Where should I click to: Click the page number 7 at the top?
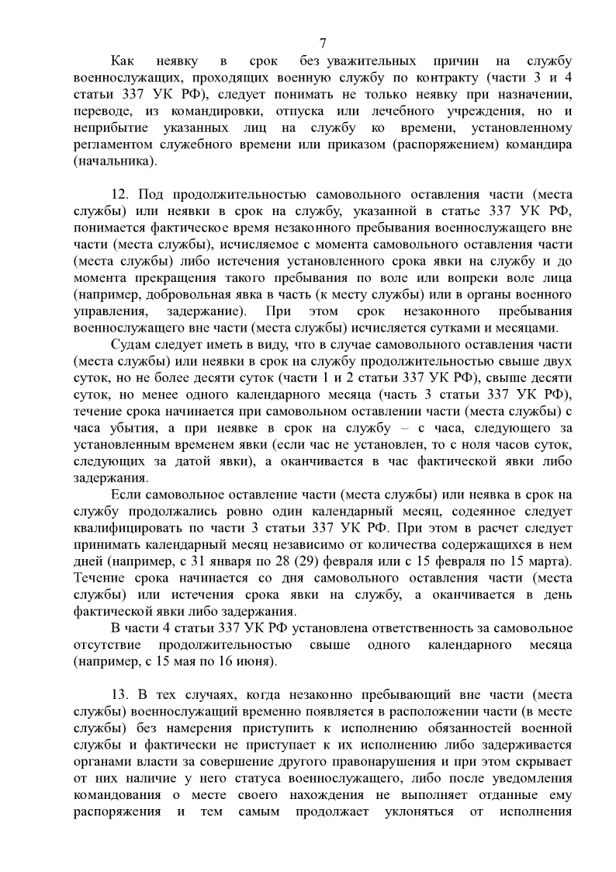point(322,42)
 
